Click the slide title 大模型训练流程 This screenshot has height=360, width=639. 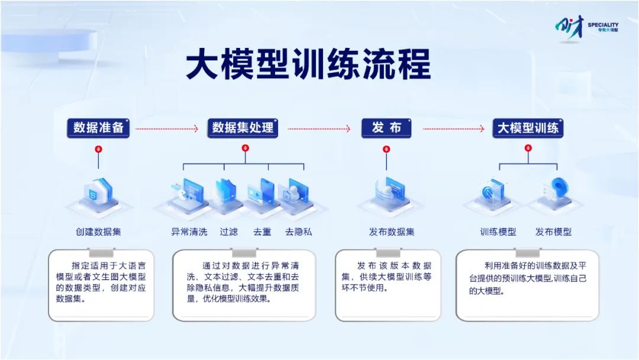click(308, 64)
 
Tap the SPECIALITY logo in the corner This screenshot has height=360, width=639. click(586, 28)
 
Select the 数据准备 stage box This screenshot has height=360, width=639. click(98, 128)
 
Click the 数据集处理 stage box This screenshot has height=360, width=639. click(243, 128)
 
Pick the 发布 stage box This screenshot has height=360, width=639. click(386, 128)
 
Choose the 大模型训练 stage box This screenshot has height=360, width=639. click(528, 128)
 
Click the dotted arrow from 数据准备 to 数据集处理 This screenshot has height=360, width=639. click(167, 129)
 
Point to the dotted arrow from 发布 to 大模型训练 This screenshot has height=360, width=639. click(454, 129)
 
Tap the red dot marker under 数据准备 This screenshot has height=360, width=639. click(98, 149)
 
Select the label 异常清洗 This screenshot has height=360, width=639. click(189, 232)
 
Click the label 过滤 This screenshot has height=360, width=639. click(228, 232)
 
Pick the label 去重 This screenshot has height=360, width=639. click(262, 232)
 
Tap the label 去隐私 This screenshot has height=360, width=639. click(299, 232)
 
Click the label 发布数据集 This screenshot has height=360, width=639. click(392, 232)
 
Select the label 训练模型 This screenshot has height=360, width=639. click(498, 232)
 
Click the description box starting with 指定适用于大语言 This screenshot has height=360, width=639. click(101, 285)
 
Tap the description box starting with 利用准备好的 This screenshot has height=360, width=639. click(527, 285)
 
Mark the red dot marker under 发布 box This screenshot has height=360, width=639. click(386, 149)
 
